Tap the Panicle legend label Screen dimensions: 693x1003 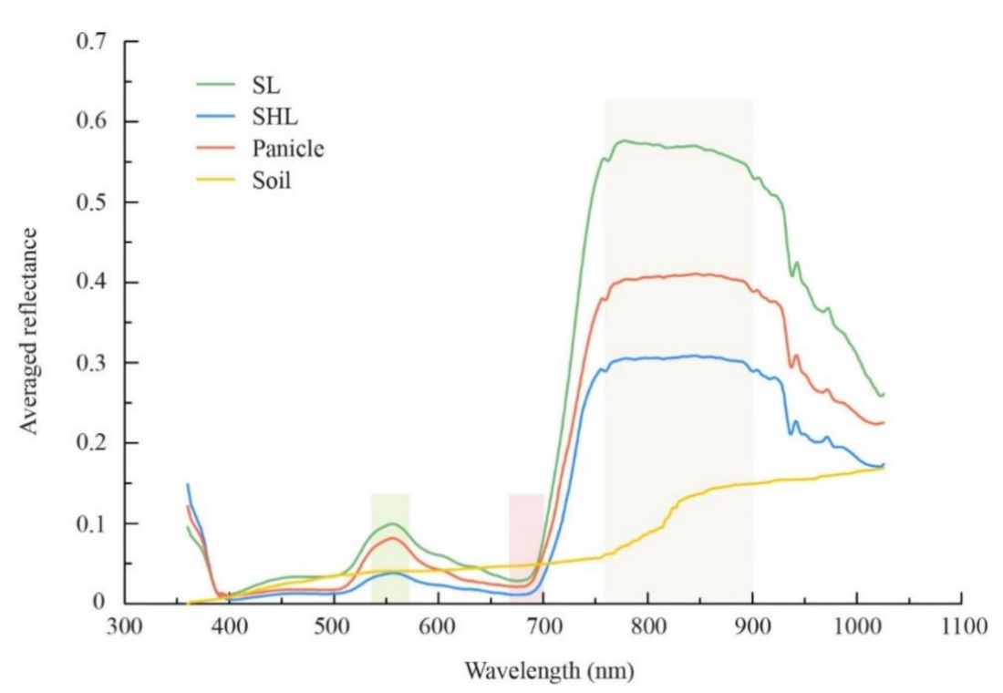(x=287, y=149)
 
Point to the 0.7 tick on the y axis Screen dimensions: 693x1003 (x=91, y=42)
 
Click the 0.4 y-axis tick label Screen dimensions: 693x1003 (x=91, y=283)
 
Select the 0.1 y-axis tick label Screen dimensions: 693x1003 (x=91, y=523)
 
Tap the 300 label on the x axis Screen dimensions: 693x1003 (x=125, y=626)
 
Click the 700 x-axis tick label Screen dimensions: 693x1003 (x=543, y=626)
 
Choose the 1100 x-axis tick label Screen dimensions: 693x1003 (x=962, y=626)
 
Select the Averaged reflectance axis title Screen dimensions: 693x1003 (x=29, y=331)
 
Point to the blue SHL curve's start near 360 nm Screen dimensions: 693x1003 (x=188, y=484)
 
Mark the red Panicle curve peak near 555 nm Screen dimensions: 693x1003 (x=392, y=538)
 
